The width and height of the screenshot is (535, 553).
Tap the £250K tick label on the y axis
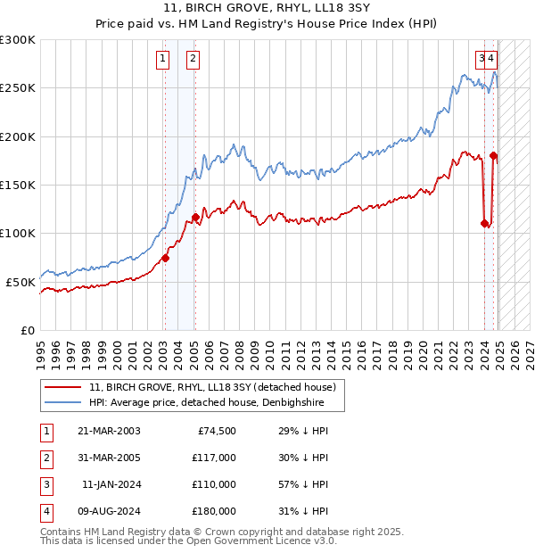18,88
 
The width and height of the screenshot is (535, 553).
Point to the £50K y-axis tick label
21,282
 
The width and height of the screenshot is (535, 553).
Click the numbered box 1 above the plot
164,60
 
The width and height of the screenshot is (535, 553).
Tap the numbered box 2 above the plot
193,60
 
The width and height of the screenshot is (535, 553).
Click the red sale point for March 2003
165,258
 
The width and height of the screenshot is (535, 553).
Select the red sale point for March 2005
195,217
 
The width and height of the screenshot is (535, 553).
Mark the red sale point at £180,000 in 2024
494,156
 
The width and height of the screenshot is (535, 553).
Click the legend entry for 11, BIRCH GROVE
212,387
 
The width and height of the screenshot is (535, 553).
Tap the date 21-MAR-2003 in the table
109,431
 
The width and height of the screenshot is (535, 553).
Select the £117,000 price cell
214,458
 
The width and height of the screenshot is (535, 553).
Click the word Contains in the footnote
62,532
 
